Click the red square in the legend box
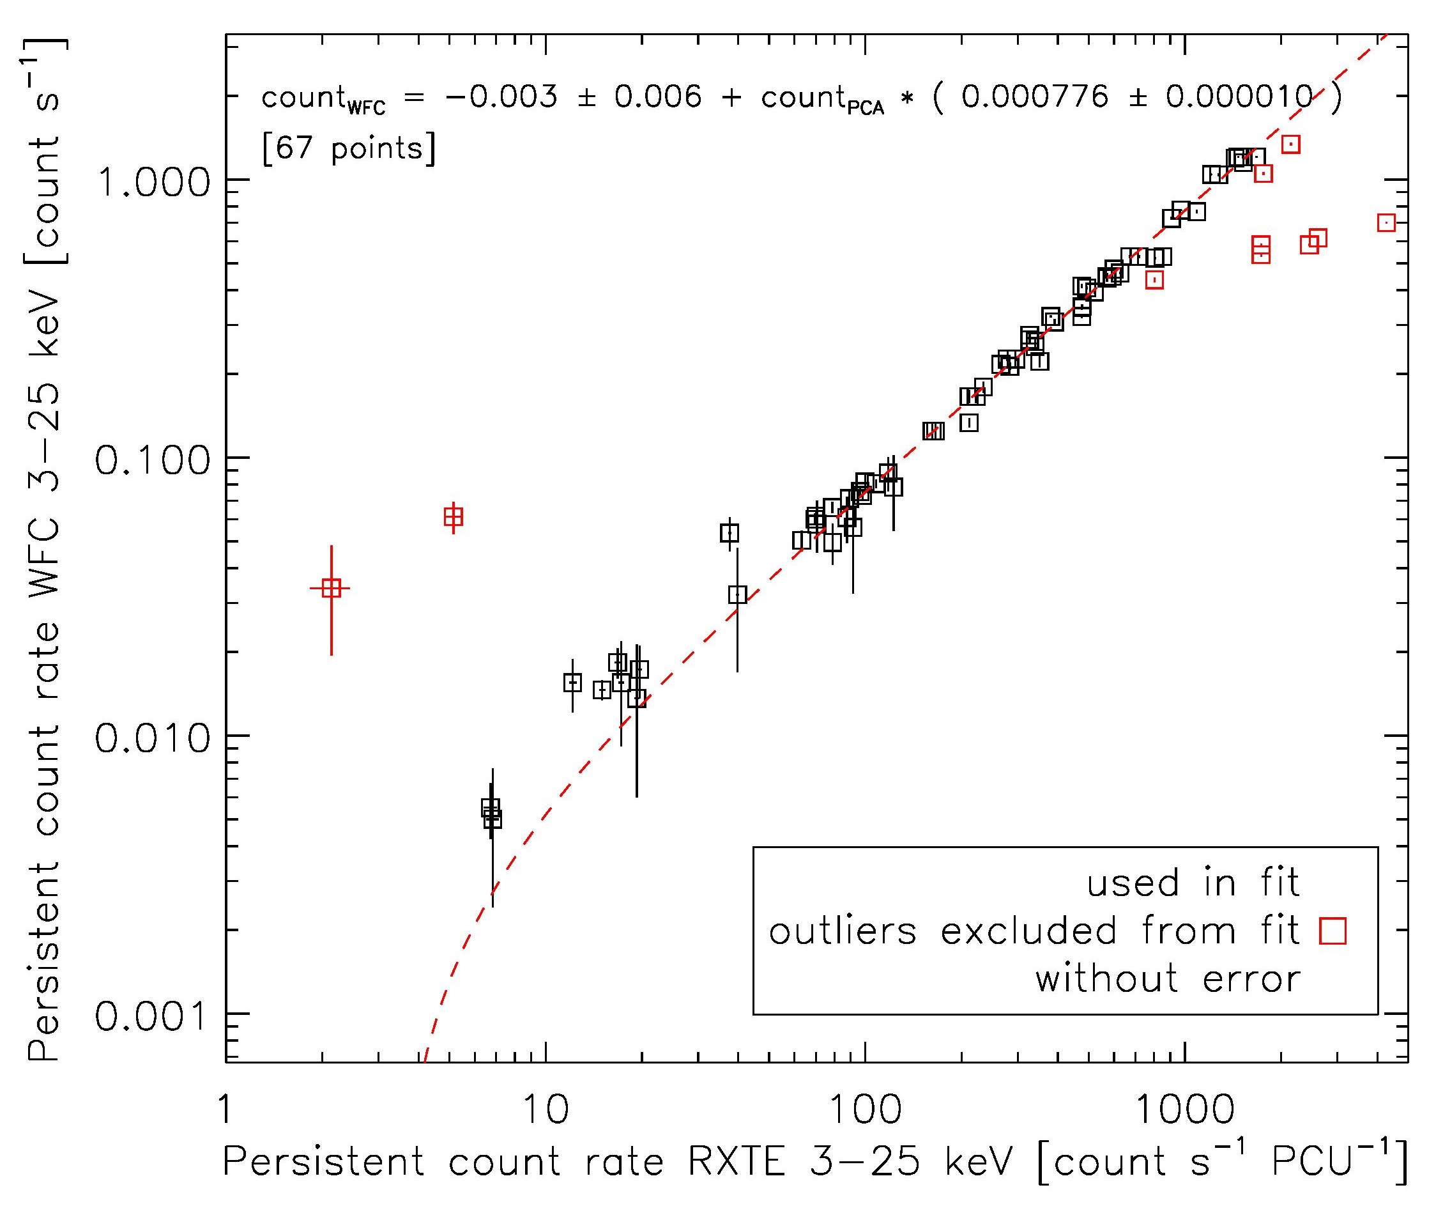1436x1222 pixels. coord(1333,931)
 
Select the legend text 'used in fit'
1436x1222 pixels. coord(1193,883)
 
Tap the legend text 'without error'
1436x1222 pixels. coord(1168,979)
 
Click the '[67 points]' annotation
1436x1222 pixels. coord(349,148)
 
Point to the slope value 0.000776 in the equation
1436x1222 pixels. coord(1035,97)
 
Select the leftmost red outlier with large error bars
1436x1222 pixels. coord(332,588)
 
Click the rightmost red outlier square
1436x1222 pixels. coord(1386,222)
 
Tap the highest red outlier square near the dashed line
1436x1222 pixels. coord(1290,144)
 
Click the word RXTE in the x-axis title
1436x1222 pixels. coord(737,1162)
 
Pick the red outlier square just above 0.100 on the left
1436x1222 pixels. coord(454,517)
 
